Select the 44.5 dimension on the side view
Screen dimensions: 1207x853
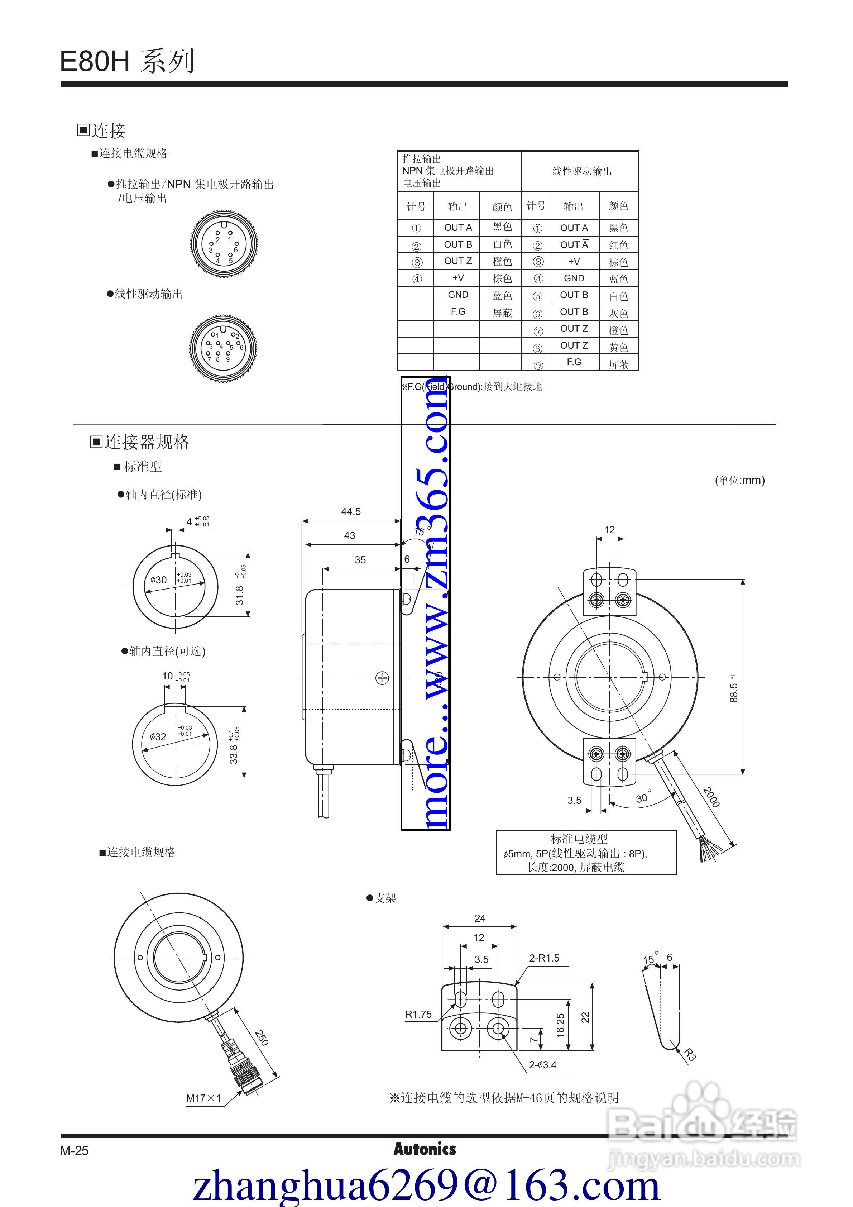coord(351,511)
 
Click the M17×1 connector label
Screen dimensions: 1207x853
coord(203,1098)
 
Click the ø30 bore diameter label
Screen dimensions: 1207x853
coord(158,580)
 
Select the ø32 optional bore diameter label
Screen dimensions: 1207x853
coord(158,736)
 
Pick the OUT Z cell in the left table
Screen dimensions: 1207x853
coord(458,261)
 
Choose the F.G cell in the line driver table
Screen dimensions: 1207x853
coord(574,362)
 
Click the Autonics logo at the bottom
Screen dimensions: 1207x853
coord(425,1149)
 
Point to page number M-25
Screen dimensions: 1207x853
coord(74,1150)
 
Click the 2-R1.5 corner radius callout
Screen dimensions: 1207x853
coord(544,958)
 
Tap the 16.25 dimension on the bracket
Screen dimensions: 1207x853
coord(560,1025)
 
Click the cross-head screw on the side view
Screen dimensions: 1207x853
coord(382,678)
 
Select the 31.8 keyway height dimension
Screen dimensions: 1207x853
coord(240,595)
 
